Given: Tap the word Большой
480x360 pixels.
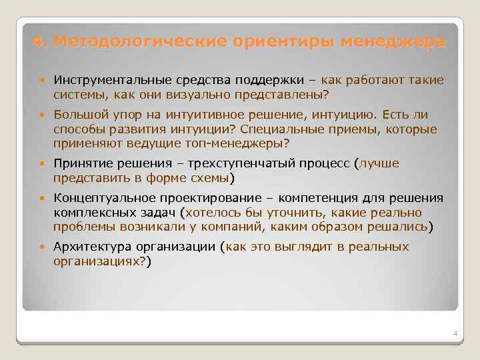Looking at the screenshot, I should coord(77,116).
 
